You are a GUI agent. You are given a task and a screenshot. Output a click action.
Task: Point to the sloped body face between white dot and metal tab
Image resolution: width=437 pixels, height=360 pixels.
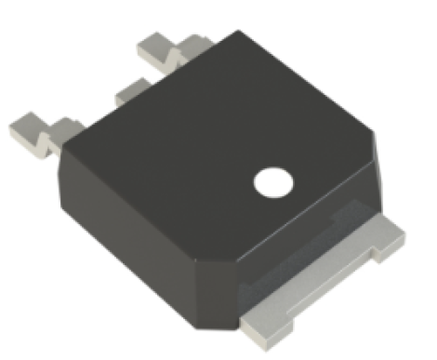[307, 219]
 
